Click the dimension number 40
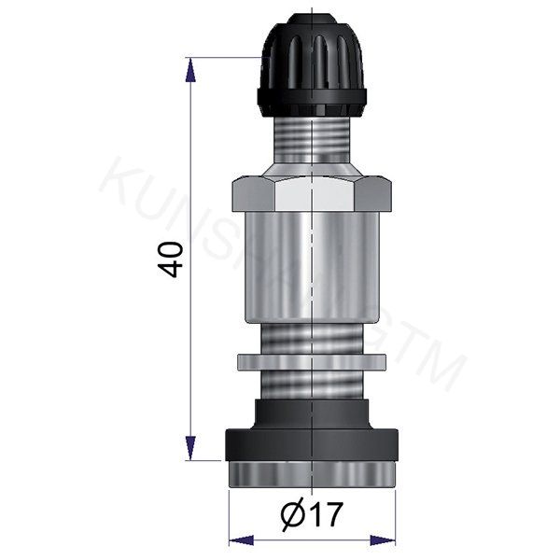[170, 257]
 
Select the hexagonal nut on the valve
[312, 195]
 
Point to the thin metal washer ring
[312, 361]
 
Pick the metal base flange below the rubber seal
[312, 475]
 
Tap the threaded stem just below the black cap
[312, 140]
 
